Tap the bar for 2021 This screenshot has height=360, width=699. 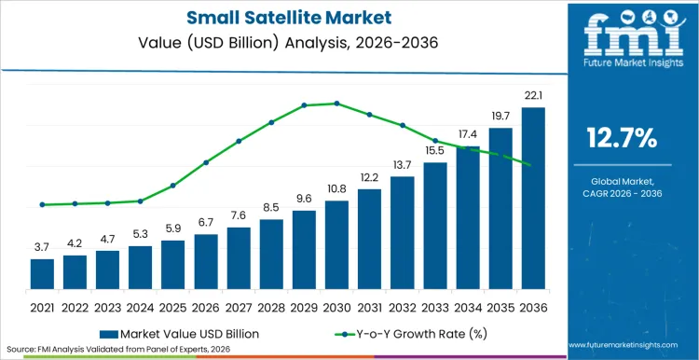[42, 273]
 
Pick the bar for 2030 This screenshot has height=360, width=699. [336, 244]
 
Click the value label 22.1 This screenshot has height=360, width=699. [533, 96]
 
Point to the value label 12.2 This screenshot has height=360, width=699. [369, 177]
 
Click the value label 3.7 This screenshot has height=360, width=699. [42, 247]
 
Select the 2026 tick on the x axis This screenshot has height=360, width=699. [206, 307]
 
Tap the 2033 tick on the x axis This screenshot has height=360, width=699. [435, 307]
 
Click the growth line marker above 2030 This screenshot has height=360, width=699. [336, 104]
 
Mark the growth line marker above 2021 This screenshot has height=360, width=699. [42, 204]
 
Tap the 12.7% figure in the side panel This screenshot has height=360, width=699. [622, 138]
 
